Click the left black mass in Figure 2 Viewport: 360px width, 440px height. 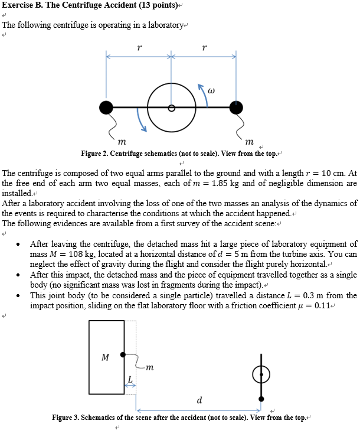(x=106, y=107)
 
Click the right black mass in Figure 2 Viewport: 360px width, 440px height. (x=236, y=107)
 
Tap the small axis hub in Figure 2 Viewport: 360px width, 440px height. (x=171, y=108)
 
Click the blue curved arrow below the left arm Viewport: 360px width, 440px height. (x=142, y=122)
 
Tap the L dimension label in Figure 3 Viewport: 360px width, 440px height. (x=130, y=378)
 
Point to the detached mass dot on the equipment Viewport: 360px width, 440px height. (x=123, y=354)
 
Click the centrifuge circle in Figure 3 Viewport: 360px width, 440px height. (x=261, y=373)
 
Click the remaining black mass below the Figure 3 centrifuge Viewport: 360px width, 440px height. (x=261, y=398)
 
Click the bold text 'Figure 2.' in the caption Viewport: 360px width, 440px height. (x=94, y=154)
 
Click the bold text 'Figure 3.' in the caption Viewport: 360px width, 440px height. (x=66, y=418)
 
